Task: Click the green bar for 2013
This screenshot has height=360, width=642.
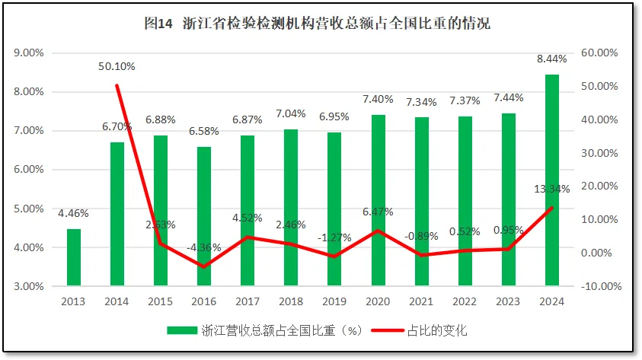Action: [x=74, y=257]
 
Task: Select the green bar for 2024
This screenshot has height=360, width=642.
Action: [x=552, y=180]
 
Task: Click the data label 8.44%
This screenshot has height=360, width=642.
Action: [x=551, y=59]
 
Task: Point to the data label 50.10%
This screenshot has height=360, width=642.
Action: [x=117, y=66]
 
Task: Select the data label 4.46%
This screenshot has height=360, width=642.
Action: [x=74, y=213]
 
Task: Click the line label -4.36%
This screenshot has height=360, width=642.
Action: [x=203, y=247]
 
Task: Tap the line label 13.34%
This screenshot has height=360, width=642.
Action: [x=551, y=189]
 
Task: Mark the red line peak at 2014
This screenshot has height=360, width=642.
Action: [x=117, y=85]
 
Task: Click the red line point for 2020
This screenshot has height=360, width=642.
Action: [x=378, y=231]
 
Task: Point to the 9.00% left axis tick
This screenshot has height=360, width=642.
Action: [x=28, y=53]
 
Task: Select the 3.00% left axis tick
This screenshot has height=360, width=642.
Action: [x=28, y=286]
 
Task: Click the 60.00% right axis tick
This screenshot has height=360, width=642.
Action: [x=599, y=53]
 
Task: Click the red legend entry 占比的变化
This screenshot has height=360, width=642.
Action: [x=423, y=330]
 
